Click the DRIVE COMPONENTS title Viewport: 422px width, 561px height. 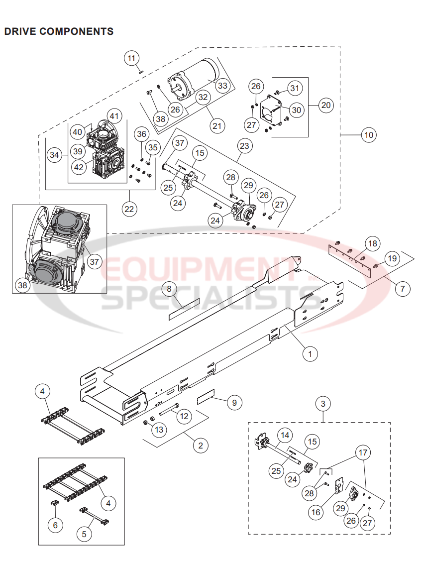(59, 31)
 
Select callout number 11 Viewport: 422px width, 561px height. (131, 59)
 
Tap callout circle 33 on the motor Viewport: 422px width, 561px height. (222, 86)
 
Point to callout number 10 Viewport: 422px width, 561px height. (369, 134)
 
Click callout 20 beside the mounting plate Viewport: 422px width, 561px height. (326, 105)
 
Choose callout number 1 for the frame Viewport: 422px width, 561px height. (310, 354)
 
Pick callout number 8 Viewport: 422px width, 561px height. (169, 289)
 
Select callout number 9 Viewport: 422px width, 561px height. (234, 402)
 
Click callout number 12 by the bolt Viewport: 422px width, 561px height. (184, 415)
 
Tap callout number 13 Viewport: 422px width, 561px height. (158, 430)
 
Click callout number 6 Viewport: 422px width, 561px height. (55, 525)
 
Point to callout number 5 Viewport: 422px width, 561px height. (84, 534)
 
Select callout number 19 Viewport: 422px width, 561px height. (392, 258)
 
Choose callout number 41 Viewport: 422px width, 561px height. (115, 116)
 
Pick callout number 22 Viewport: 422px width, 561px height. (129, 209)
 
